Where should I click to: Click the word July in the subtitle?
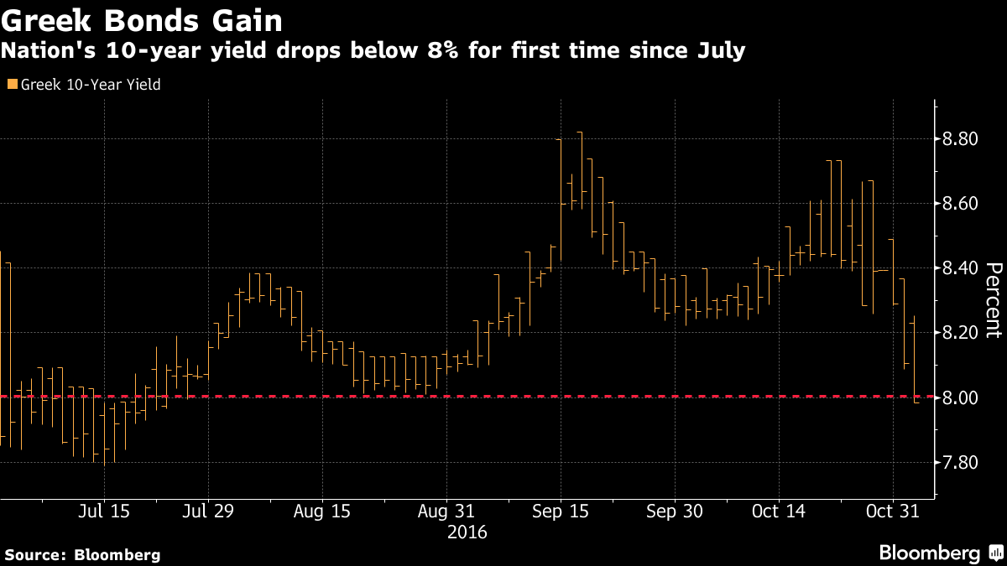720,51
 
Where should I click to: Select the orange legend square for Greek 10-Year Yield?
11,84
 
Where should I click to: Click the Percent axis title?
994,299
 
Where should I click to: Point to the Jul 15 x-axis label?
104,511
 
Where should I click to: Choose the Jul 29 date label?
208,511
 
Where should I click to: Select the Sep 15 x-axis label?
560,511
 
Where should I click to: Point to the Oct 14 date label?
779,511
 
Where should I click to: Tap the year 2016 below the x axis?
468,532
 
